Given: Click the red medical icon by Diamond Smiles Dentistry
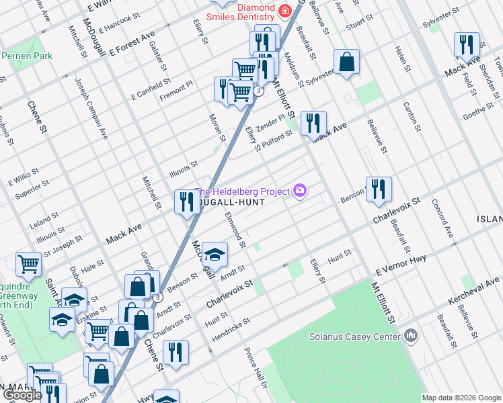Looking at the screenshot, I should [285, 10].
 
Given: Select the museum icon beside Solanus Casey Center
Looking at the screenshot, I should [410, 335].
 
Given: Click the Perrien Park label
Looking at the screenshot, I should [27, 56].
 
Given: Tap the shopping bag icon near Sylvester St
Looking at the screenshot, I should [347, 62].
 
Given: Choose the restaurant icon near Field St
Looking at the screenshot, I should [466, 45].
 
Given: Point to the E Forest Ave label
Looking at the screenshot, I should [132, 42].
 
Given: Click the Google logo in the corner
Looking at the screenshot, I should [23, 396].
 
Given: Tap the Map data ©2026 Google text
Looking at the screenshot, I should [461, 398].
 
